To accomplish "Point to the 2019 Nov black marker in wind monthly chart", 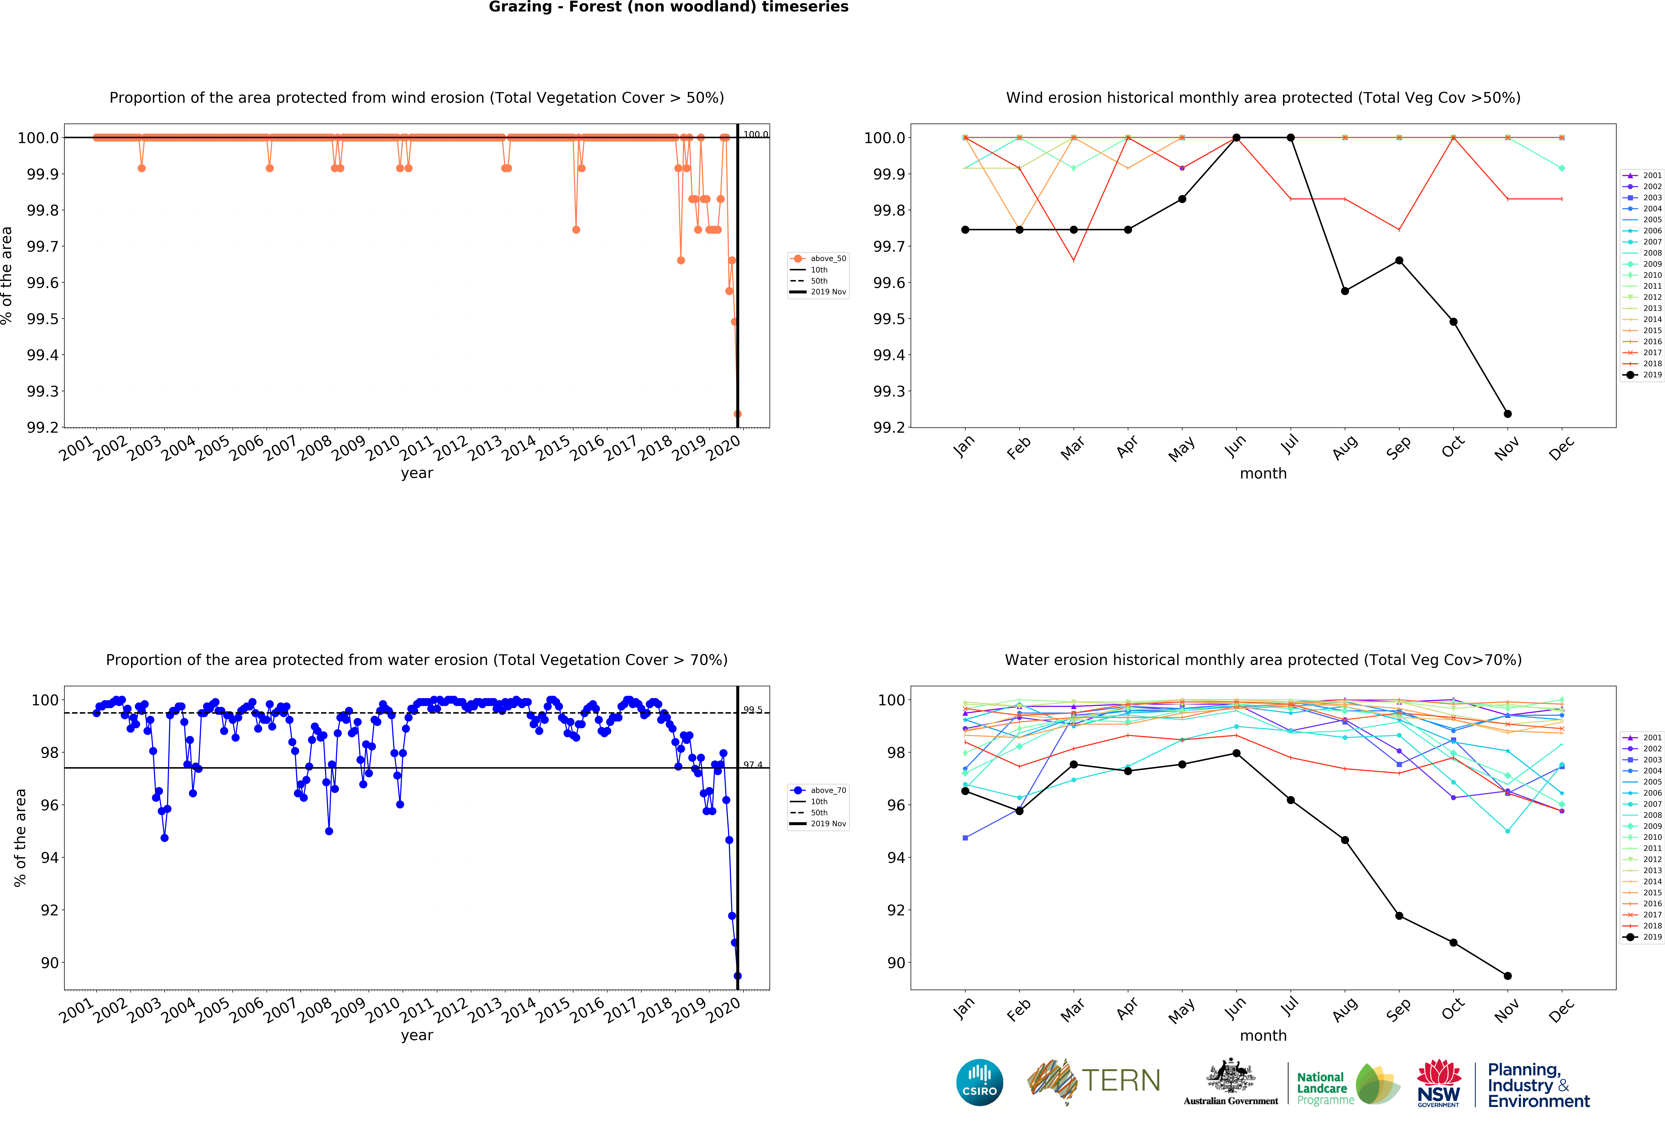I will pos(1507,414).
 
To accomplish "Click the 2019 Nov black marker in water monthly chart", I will pos(1507,975).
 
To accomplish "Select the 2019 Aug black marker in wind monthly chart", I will pos(1345,291).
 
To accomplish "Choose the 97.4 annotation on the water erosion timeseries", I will pos(752,765).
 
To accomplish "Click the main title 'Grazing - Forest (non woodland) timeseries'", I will pos(668,7).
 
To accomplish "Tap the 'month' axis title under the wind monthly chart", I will pos(1263,474).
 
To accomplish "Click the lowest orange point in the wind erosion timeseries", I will pos(737,414).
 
